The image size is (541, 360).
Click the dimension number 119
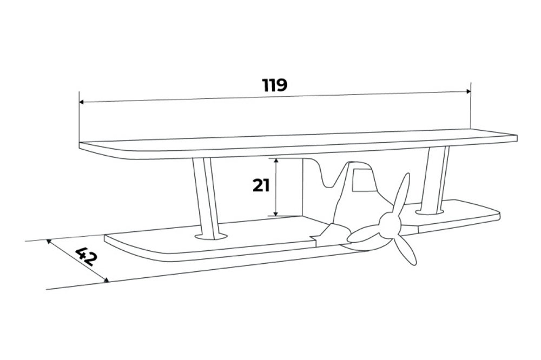point(275,85)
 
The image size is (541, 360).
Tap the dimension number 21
point(261,185)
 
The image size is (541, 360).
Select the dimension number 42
point(86,256)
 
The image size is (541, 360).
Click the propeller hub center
point(388,221)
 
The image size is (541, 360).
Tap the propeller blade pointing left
point(364,234)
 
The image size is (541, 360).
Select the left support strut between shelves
point(206,195)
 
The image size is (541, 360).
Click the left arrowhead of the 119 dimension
point(81,101)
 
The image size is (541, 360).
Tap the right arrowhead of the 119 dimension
point(469,91)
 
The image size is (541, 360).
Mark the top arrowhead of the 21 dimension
point(276,161)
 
